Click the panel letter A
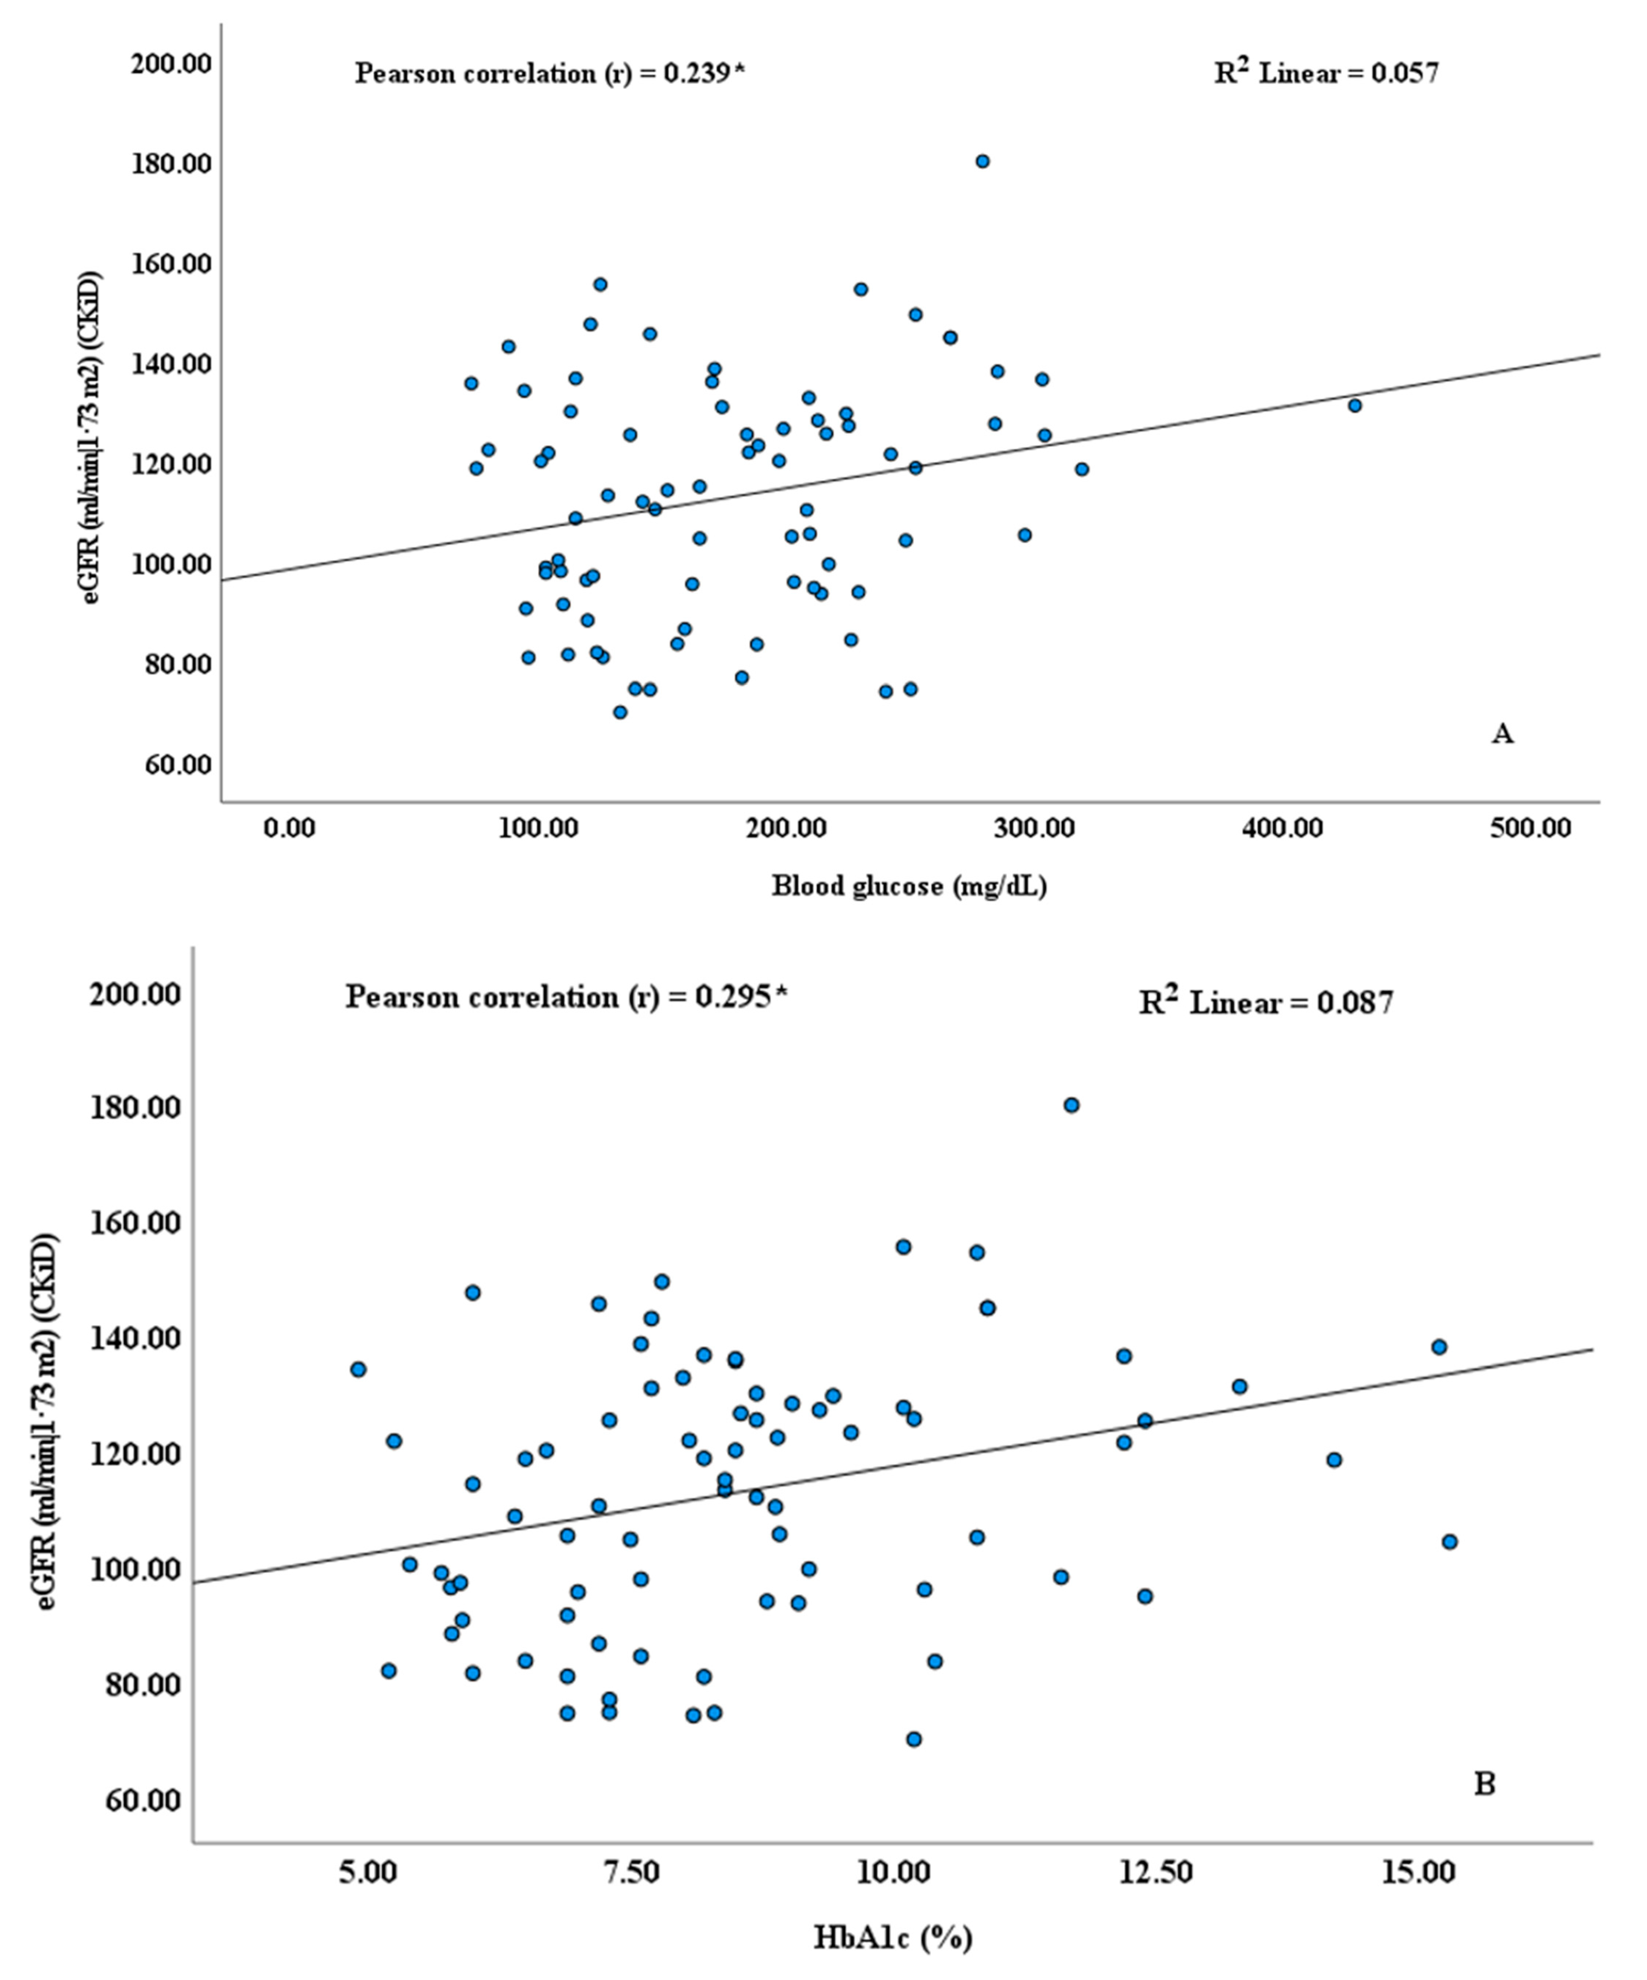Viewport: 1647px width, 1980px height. click(1502, 733)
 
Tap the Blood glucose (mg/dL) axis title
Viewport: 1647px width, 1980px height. click(909, 886)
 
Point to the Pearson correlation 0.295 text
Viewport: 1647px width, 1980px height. click(566, 997)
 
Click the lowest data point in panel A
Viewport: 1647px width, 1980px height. click(619, 712)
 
